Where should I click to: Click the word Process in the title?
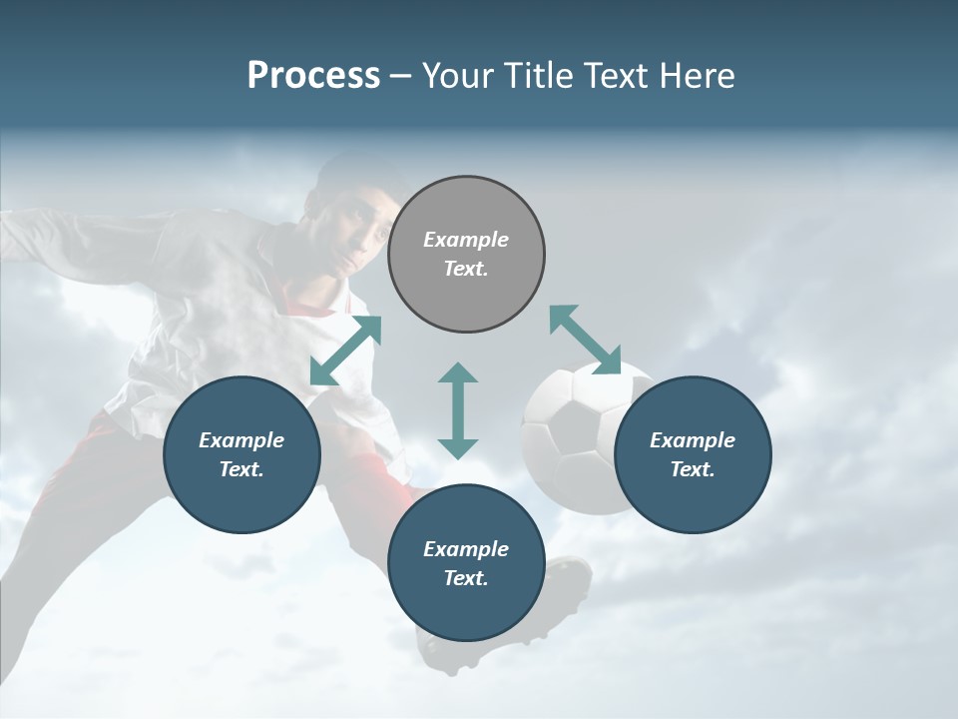[313, 76]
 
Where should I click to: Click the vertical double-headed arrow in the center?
[458, 410]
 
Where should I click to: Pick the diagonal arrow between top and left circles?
[346, 350]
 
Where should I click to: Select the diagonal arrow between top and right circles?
[585, 340]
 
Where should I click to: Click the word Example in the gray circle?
[466, 240]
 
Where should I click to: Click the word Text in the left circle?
[241, 469]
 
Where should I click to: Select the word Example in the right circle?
[693, 440]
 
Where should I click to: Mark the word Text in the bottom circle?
[466, 578]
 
